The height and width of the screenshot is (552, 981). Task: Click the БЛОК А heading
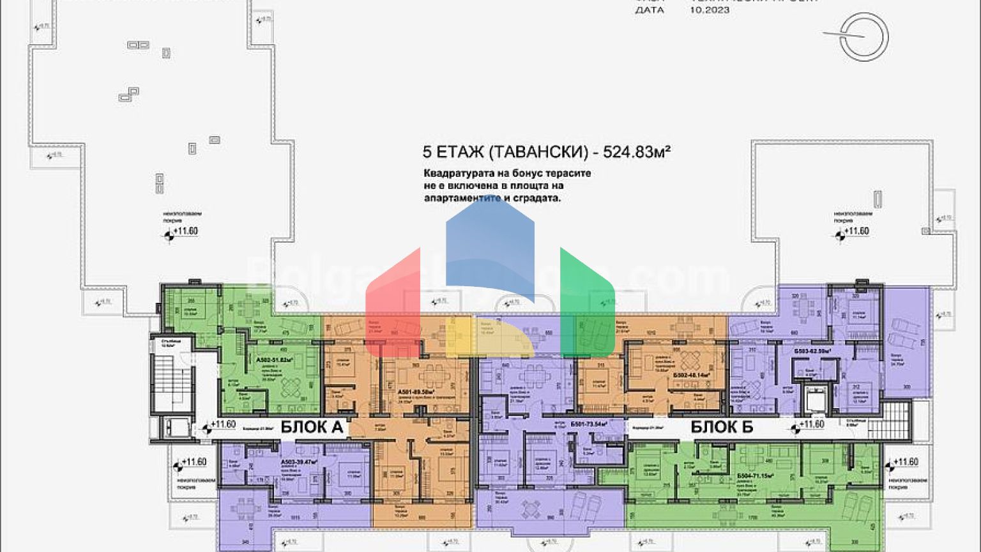[313, 427]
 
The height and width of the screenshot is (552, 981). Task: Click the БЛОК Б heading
[722, 427]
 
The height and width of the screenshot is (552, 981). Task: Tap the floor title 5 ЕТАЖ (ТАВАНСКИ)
[505, 152]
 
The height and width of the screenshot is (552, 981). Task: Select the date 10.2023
[710, 10]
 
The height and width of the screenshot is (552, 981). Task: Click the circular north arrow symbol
[863, 36]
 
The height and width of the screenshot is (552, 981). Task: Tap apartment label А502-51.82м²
[275, 360]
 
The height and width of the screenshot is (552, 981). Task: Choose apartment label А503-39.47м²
[299, 462]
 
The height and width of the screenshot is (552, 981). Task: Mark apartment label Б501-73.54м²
[588, 423]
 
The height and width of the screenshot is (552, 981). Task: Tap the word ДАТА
[649, 10]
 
